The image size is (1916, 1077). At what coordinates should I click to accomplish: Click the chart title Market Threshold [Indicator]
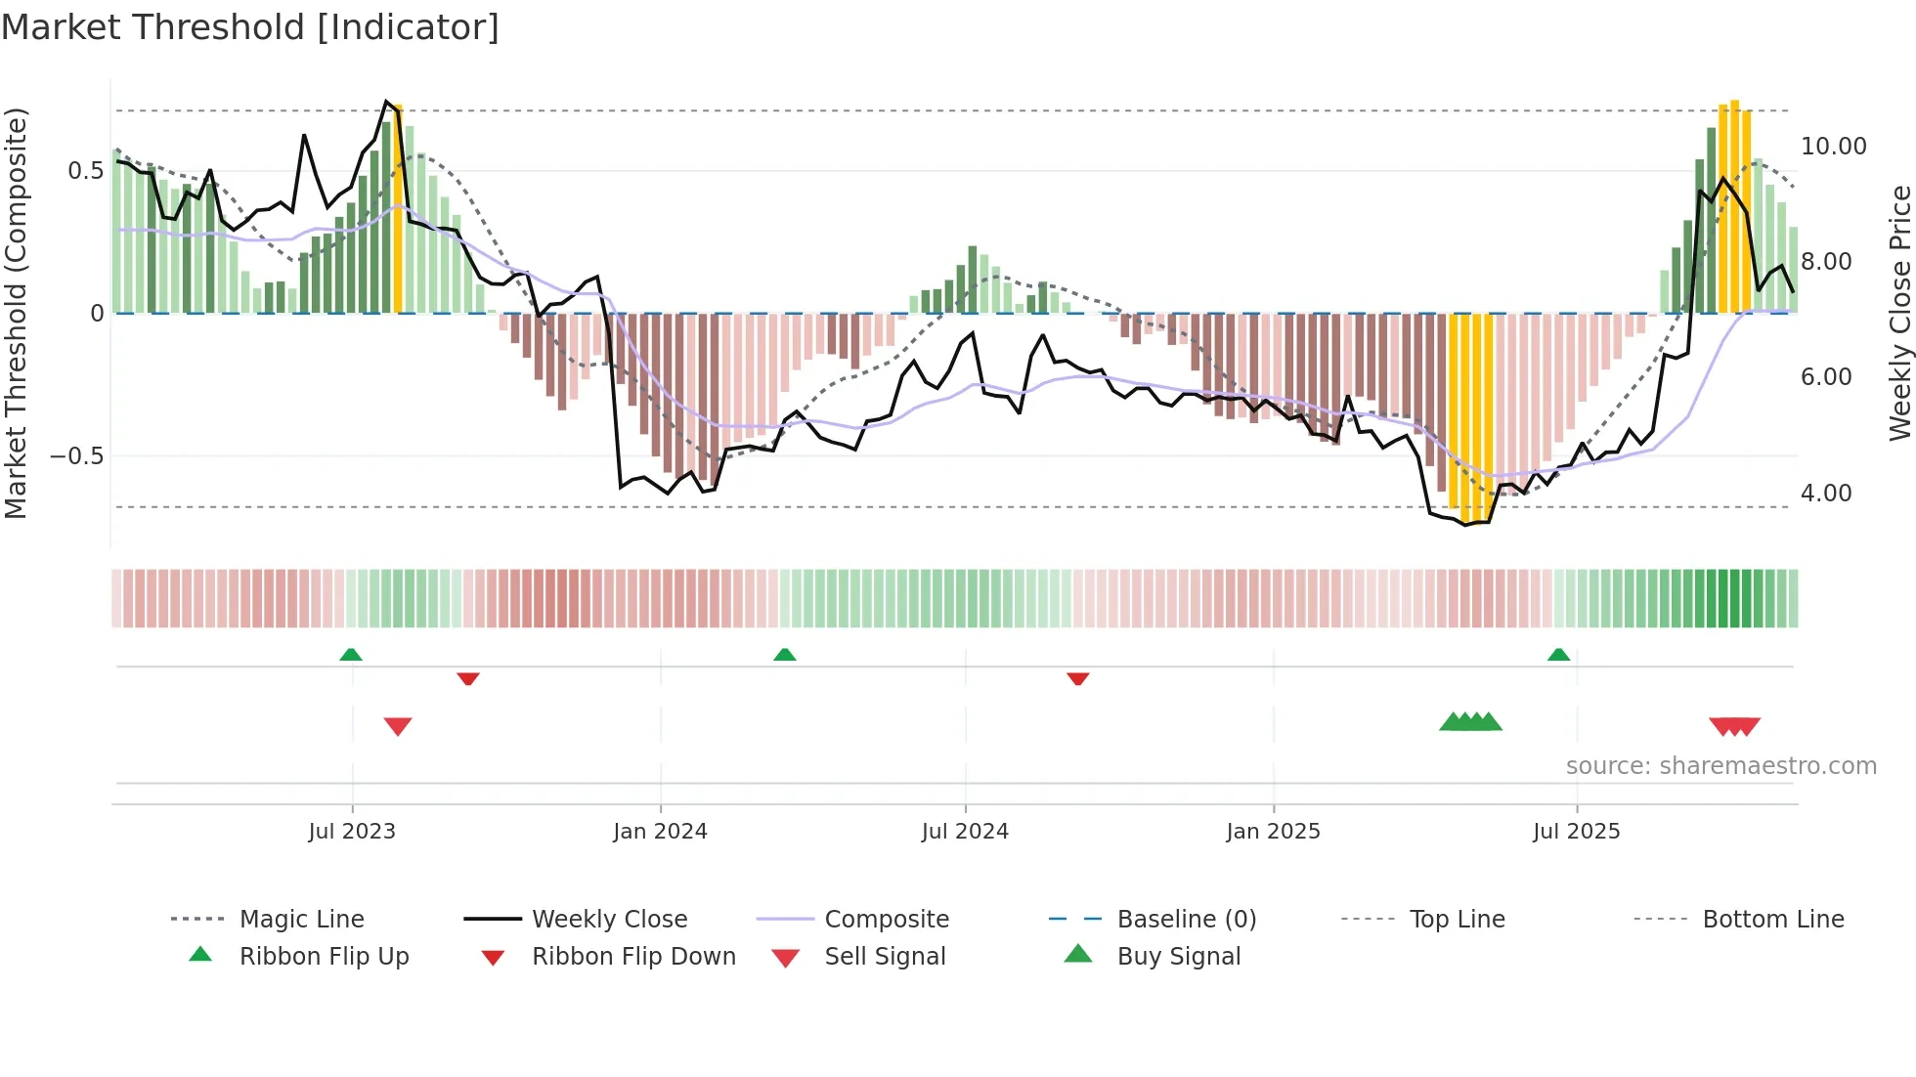(x=250, y=27)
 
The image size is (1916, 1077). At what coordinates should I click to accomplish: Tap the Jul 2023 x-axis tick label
(x=352, y=832)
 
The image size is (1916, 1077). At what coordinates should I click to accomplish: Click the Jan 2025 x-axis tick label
(x=1273, y=832)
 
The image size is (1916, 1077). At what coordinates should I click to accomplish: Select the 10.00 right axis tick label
(x=1833, y=147)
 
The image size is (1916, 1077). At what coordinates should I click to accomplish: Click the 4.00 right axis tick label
(x=1826, y=494)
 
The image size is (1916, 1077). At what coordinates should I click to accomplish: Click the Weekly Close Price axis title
(x=1899, y=313)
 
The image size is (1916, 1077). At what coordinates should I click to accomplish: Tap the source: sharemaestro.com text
(x=1720, y=766)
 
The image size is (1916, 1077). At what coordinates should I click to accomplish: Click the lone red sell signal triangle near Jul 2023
(x=398, y=726)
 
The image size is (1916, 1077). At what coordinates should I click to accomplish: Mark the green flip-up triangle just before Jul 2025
(x=1558, y=655)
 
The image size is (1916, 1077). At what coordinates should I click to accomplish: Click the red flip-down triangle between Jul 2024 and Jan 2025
(x=1078, y=678)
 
